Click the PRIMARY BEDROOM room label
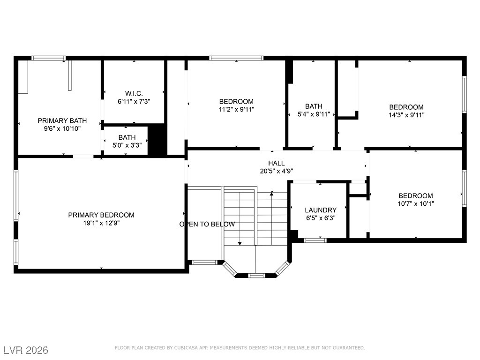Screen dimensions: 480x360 pos(101,215)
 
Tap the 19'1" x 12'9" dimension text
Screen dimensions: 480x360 pos(101,223)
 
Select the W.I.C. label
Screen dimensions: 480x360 pos(134,93)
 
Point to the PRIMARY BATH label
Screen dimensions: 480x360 pos(62,120)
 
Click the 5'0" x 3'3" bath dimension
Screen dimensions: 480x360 pos(127,145)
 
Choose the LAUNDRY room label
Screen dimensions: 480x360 pos(321,210)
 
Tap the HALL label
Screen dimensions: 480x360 pos(277,163)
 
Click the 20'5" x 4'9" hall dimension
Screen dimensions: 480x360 pos(277,171)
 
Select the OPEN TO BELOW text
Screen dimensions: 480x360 pos(207,224)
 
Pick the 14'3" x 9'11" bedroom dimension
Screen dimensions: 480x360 pos(406,115)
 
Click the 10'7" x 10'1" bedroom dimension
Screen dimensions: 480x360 pos(416,203)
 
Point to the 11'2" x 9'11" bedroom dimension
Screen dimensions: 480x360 pos(236,109)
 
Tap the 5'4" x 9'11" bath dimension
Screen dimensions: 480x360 pos(314,114)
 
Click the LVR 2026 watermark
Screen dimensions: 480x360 pos(26,350)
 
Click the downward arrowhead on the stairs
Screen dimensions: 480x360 pos(240,243)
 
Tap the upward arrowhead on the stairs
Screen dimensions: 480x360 pos(271,194)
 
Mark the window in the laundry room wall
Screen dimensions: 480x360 pos(315,240)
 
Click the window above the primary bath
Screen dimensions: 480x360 pos(48,58)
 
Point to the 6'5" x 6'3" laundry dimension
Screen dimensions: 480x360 pos(321,218)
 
